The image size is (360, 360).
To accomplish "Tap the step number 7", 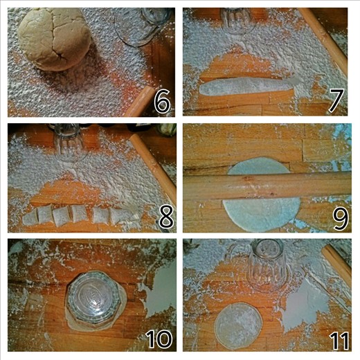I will (x=336, y=100).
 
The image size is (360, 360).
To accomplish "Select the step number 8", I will (x=165, y=217).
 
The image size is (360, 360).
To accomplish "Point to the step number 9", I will (x=339, y=218).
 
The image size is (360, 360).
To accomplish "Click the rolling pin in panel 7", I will (x=324, y=42).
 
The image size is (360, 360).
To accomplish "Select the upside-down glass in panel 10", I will (x=94, y=299).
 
